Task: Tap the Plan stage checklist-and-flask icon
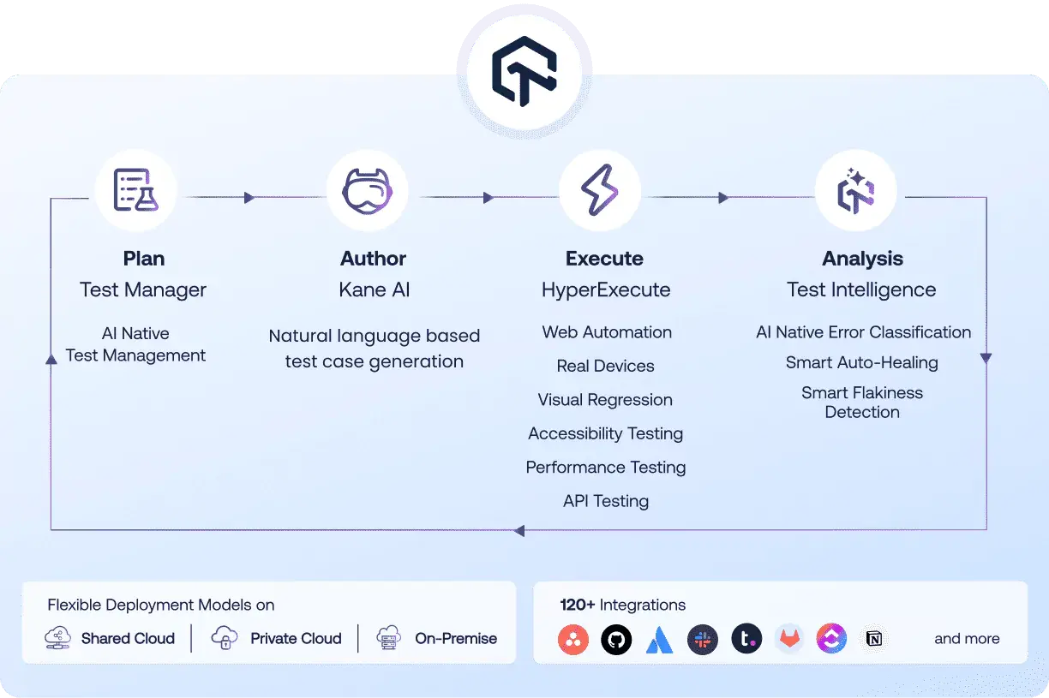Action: [135, 190]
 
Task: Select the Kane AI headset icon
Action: [367, 190]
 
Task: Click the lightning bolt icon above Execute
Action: [599, 190]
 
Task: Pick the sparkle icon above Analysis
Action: [855, 190]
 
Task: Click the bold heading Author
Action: [373, 259]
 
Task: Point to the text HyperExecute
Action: [605, 290]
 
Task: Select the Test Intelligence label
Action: [861, 290]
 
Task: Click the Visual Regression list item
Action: [605, 400]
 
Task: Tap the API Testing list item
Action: [605, 501]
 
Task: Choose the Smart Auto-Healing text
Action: [861, 363]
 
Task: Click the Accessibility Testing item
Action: [605, 433]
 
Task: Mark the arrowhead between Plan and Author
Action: [249, 198]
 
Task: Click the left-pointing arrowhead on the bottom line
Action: [519, 531]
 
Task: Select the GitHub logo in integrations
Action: [616, 639]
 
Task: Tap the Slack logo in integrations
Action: [703, 639]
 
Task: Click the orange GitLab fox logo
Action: [789, 639]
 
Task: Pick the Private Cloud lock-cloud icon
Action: [224, 638]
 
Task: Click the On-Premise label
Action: [455, 639]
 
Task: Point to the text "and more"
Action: [967, 639]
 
